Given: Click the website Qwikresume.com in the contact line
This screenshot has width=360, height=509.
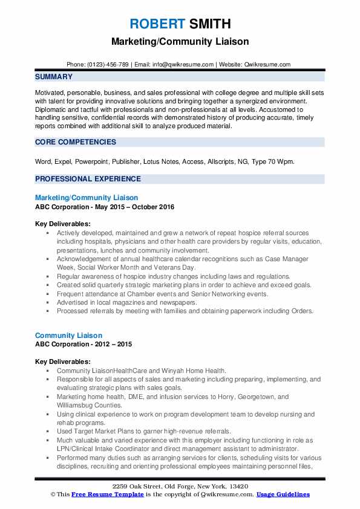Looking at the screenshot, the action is click(267, 64).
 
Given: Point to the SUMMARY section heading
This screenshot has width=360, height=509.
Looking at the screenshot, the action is click(54, 77).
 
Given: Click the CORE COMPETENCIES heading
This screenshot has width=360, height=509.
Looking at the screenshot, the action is click(76, 142).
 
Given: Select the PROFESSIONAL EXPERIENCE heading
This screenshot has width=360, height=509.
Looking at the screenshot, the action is click(88, 179).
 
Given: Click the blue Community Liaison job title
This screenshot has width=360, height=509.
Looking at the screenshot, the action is click(68, 336).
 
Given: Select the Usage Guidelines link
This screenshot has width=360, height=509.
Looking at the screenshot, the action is click(283, 494).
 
